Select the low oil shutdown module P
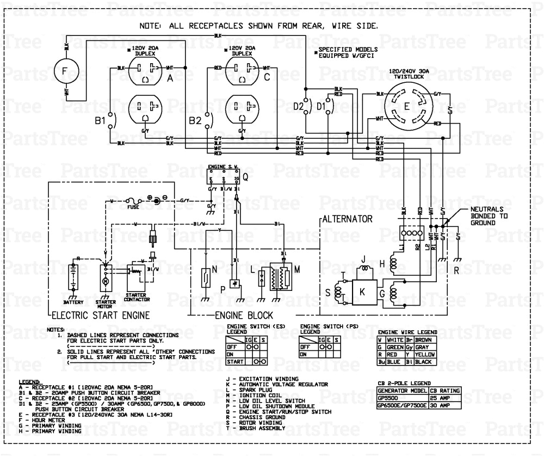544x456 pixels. [x=236, y=284]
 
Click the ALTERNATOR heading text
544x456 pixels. [x=347, y=219]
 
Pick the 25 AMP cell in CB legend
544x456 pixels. [x=445, y=398]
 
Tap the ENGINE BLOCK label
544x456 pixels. [x=241, y=315]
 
